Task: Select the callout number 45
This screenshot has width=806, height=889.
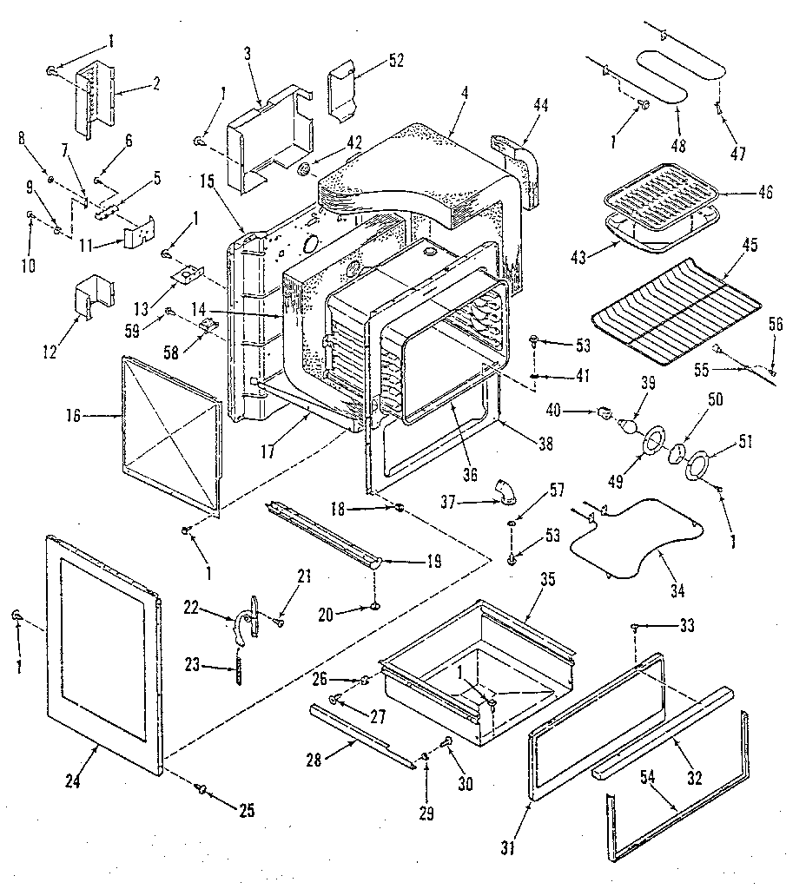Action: [x=750, y=246]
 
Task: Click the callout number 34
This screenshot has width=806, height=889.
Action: [x=677, y=592]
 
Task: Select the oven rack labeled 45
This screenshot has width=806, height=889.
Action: [x=674, y=308]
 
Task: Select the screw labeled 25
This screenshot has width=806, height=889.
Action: [x=202, y=787]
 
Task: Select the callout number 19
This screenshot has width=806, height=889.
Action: [x=428, y=562]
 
